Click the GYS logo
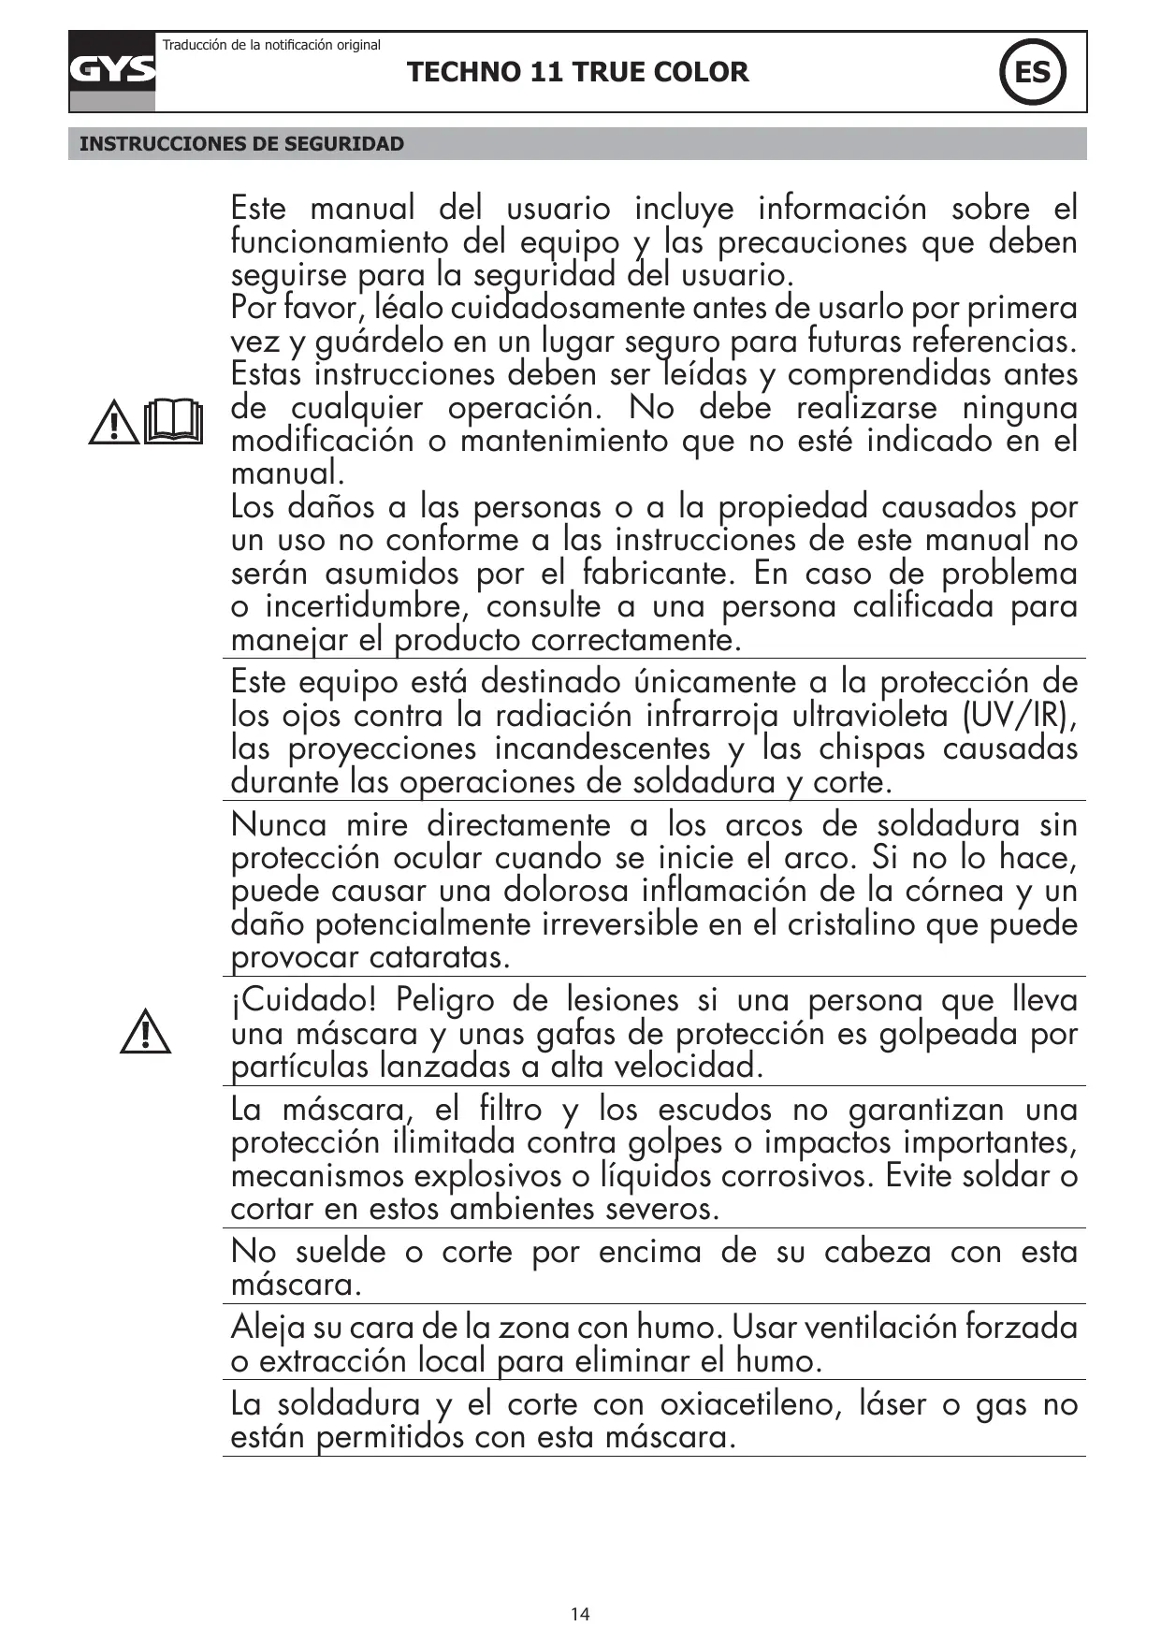pos(112,71)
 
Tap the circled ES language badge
pos(1032,72)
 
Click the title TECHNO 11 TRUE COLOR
pos(578,72)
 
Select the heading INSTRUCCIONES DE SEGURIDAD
pos(242,144)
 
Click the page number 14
pos(580,1614)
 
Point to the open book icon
pos(174,421)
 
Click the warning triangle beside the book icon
pos(114,423)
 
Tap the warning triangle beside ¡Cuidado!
pos(145,1032)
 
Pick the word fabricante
pos(660,573)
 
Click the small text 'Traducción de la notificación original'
pos(272,45)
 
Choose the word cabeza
pos(877,1251)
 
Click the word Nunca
pos(279,824)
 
